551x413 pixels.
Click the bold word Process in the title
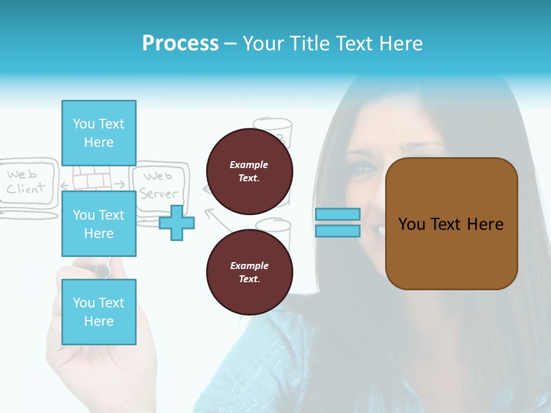coord(180,44)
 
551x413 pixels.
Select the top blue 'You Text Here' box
coord(99,133)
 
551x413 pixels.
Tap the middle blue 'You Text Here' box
coord(99,224)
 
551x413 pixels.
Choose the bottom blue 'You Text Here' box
coord(99,311)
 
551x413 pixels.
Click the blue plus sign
coord(177,223)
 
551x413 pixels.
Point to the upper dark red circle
coord(250,171)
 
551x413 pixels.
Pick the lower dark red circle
coord(250,272)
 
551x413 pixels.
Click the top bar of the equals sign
coord(337,214)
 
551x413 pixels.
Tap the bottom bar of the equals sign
coord(337,231)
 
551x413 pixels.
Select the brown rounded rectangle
coord(451,224)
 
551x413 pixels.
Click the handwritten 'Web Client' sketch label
coord(26,181)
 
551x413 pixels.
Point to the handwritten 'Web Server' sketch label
coord(158,185)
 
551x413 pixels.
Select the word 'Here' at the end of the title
coord(401,44)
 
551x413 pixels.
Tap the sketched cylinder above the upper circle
coord(273,131)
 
